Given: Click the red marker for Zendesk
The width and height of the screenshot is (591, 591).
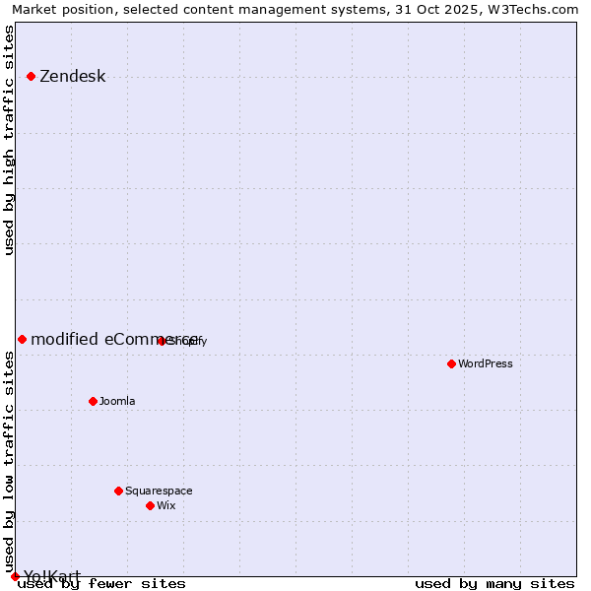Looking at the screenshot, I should pos(31,76).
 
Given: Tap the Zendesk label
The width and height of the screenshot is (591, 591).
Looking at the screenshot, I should pos(72,77).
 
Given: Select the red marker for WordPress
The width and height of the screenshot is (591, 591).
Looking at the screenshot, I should pos(451,363).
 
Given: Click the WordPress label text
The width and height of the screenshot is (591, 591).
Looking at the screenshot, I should pos(486,363).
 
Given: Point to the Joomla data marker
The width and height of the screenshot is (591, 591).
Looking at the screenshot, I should pos(93,401).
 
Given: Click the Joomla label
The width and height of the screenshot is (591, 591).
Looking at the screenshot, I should pos(117,401).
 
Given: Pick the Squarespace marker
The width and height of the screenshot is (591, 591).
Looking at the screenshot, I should pos(118,491).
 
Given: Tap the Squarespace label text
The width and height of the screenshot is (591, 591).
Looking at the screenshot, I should pos(159,491).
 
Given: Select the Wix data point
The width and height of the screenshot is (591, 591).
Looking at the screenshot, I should pos(150,505).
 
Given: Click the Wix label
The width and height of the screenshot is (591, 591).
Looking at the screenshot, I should pos(165,505).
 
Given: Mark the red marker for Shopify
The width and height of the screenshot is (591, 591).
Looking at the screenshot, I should pos(162,341).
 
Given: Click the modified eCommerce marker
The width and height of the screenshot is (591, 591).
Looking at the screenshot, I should pos(22,339).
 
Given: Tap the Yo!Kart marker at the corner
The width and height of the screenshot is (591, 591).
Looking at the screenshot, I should pos(15,576).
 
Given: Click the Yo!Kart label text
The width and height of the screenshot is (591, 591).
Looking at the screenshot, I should pos(52,576).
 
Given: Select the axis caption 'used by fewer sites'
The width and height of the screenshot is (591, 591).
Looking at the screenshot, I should pos(101,583).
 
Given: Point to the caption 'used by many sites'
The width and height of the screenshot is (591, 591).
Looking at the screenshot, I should pos(494,583).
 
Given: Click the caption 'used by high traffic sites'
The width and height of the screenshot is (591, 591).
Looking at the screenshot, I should pos(10,140).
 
